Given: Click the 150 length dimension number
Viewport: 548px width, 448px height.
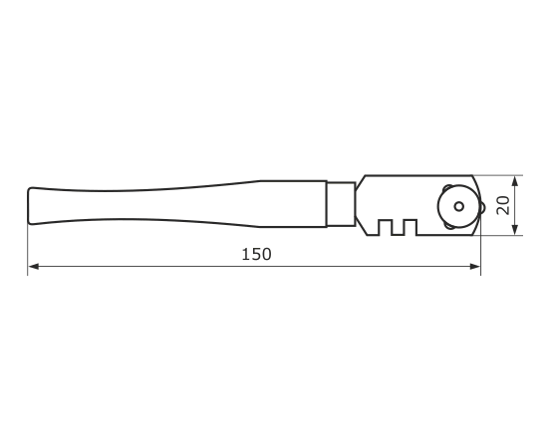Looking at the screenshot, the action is coord(256,254).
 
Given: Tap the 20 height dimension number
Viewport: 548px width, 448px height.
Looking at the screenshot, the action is coord(503,205).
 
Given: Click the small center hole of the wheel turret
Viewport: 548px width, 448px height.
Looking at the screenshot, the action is coord(459,206).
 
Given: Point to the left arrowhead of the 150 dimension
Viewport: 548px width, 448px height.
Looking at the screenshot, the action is coord(34,267).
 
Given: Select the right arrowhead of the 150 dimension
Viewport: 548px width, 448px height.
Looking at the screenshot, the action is coord(475,267).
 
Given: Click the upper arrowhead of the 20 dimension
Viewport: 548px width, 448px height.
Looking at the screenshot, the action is coord(514,181).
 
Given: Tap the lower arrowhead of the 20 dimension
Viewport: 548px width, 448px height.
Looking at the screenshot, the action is coord(514,229).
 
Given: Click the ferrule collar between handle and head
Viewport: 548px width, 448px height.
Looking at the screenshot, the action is coord(341,204).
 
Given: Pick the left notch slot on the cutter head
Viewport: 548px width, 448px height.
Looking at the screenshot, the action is coord(385,227).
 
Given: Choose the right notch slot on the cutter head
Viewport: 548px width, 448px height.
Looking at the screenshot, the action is coord(410,227).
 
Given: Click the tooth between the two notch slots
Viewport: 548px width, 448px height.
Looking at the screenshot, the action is coord(398,228).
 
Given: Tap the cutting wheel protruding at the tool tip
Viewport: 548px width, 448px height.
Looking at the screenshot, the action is coord(482,207).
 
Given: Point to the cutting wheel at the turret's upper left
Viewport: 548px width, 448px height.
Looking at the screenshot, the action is coord(446,188).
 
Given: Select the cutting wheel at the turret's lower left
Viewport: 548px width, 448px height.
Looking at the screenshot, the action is coord(447,226).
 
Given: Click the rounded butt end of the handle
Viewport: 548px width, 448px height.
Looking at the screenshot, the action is coord(30,206).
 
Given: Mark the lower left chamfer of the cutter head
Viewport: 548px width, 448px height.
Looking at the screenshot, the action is coord(361,229).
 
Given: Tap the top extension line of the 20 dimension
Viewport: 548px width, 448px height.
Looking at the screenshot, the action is coord(498,175).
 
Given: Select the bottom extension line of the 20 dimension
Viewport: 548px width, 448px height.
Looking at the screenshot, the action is coord(502,235).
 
